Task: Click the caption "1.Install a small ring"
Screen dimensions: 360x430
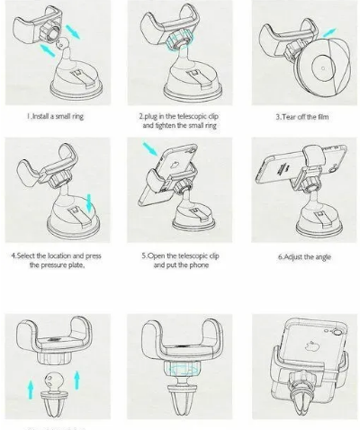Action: tap(55, 116)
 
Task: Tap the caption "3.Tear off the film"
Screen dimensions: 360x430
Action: tap(302, 117)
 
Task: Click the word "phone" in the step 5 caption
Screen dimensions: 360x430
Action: tap(199, 265)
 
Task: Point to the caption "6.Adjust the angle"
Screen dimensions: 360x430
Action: tap(304, 257)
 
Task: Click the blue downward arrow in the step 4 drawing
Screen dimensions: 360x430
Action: tap(89, 202)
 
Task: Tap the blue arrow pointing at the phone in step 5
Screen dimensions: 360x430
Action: tap(150, 149)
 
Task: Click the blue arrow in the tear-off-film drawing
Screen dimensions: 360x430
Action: tap(329, 32)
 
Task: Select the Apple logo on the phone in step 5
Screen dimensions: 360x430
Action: tap(174, 165)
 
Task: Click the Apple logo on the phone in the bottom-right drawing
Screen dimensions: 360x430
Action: tap(310, 345)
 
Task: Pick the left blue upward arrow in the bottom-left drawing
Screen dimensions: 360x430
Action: tap(31, 390)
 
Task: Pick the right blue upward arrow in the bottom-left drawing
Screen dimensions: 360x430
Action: tap(77, 381)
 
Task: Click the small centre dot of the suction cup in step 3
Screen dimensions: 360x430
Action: tap(323, 68)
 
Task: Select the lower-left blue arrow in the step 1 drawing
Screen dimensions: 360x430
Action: tap(48, 50)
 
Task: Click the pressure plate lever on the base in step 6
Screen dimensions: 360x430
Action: tap(320, 218)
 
